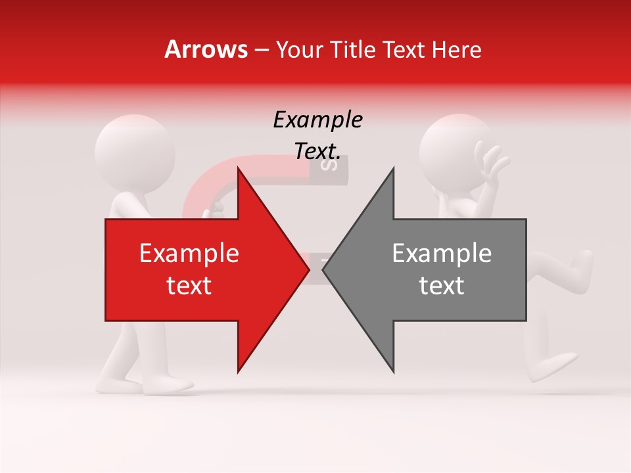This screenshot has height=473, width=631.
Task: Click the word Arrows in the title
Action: tap(206, 49)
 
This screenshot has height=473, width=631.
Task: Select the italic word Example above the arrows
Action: tap(317, 120)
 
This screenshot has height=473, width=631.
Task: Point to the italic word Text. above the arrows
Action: tap(317, 151)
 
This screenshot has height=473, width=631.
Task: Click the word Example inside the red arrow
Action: tap(189, 253)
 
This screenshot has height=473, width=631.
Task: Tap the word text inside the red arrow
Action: tap(189, 286)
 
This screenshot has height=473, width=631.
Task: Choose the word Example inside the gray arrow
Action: tap(442, 253)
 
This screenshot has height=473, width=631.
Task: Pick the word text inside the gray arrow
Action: tap(442, 286)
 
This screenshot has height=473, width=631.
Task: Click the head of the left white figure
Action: tap(135, 152)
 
